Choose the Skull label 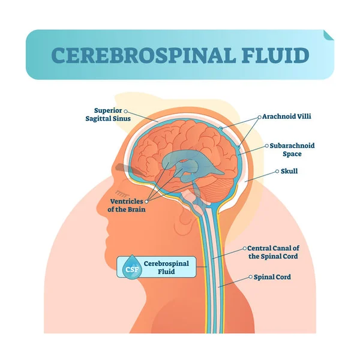289,171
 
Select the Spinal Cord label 274,278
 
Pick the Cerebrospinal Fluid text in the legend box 167,266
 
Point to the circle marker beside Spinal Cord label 250,278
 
